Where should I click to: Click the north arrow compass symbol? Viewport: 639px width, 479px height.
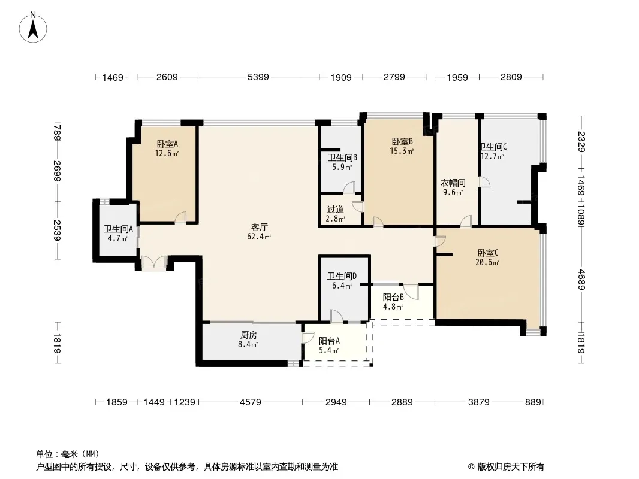pyautogui.click(x=33, y=27)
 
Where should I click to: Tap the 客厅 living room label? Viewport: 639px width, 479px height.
pyautogui.click(x=259, y=227)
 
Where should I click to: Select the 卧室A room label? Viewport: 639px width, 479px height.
pyautogui.click(x=167, y=144)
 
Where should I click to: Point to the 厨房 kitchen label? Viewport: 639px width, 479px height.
pyautogui.click(x=248, y=335)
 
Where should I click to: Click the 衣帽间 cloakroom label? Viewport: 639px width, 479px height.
pyautogui.click(x=453, y=183)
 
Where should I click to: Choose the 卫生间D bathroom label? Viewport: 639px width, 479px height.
pyautogui.click(x=342, y=277)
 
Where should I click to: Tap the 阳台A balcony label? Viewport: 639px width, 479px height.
pyautogui.click(x=329, y=341)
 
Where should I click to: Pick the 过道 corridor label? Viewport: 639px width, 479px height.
pyautogui.click(x=336, y=209)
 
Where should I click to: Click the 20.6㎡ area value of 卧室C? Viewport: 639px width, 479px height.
pyautogui.click(x=487, y=262)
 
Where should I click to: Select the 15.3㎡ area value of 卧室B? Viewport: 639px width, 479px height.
pyautogui.click(x=402, y=151)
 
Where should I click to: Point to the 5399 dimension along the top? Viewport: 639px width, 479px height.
pyautogui.click(x=258, y=77)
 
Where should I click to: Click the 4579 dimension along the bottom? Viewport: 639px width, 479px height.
pyautogui.click(x=250, y=402)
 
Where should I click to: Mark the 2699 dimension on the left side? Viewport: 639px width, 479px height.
pyautogui.click(x=56, y=171)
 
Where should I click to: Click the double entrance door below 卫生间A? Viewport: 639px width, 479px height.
pyautogui.click(x=154, y=262)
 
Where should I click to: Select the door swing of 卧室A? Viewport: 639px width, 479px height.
pyautogui.click(x=180, y=217)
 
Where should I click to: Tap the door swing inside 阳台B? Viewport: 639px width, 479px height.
pyautogui.click(x=411, y=292)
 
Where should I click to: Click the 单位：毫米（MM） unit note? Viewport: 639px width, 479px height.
pyautogui.click(x=68, y=454)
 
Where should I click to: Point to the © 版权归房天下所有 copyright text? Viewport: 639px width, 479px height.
pyautogui.click(x=506, y=467)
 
